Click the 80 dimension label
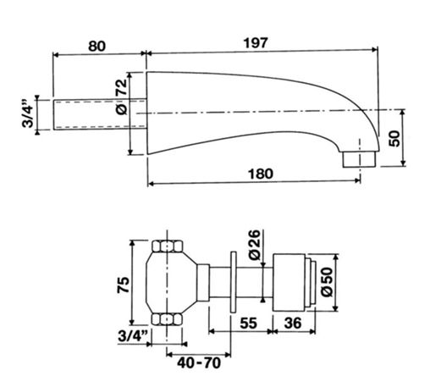pyautogui.click(x=96, y=47)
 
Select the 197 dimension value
pyautogui.click(x=255, y=43)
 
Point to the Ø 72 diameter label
pyautogui.click(x=122, y=97)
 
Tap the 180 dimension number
pyautogui.click(x=261, y=174)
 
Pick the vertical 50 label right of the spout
pyautogui.click(x=394, y=138)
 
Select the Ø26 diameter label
pyautogui.click(x=254, y=245)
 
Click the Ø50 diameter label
pyautogui.click(x=327, y=282)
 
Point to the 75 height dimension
pyautogui.click(x=123, y=285)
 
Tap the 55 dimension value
pyautogui.click(x=249, y=323)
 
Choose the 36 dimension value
pyautogui.click(x=293, y=323)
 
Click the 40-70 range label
pyautogui.click(x=199, y=362)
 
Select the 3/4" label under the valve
pyautogui.click(x=132, y=336)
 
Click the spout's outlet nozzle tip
pyautogui.click(x=360, y=159)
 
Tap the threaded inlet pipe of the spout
pyautogui.click(x=100, y=114)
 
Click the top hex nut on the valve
pyautogui.click(x=168, y=246)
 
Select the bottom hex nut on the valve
pyautogui.click(x=168, y=319)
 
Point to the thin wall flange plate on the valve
pyautogui.click(x=234, y=282)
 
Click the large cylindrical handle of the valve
pyautogui.click(x=289, y=282)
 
